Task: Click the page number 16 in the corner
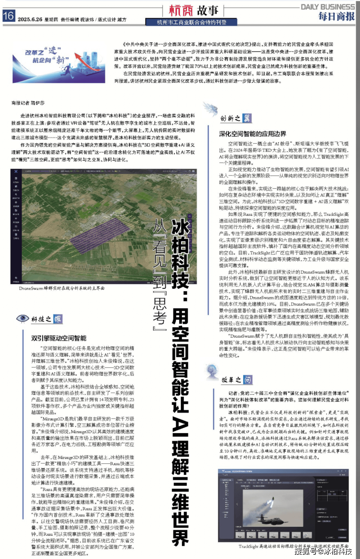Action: [8, 15]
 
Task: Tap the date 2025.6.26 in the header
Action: [30, 20]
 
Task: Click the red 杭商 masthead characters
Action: [181, 10]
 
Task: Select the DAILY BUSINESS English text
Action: [327, 7]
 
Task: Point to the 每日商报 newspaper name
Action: [336, 16]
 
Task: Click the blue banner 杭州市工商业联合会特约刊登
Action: [191, 22]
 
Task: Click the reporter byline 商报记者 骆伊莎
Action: [28, 103]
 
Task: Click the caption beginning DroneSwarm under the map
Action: [62, 288]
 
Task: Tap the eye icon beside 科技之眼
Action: [23, 318]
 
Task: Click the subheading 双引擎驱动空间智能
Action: [59, 338]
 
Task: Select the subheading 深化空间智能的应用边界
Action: [252, 134]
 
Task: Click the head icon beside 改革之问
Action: [212, 372]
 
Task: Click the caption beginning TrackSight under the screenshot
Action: [293, 546]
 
